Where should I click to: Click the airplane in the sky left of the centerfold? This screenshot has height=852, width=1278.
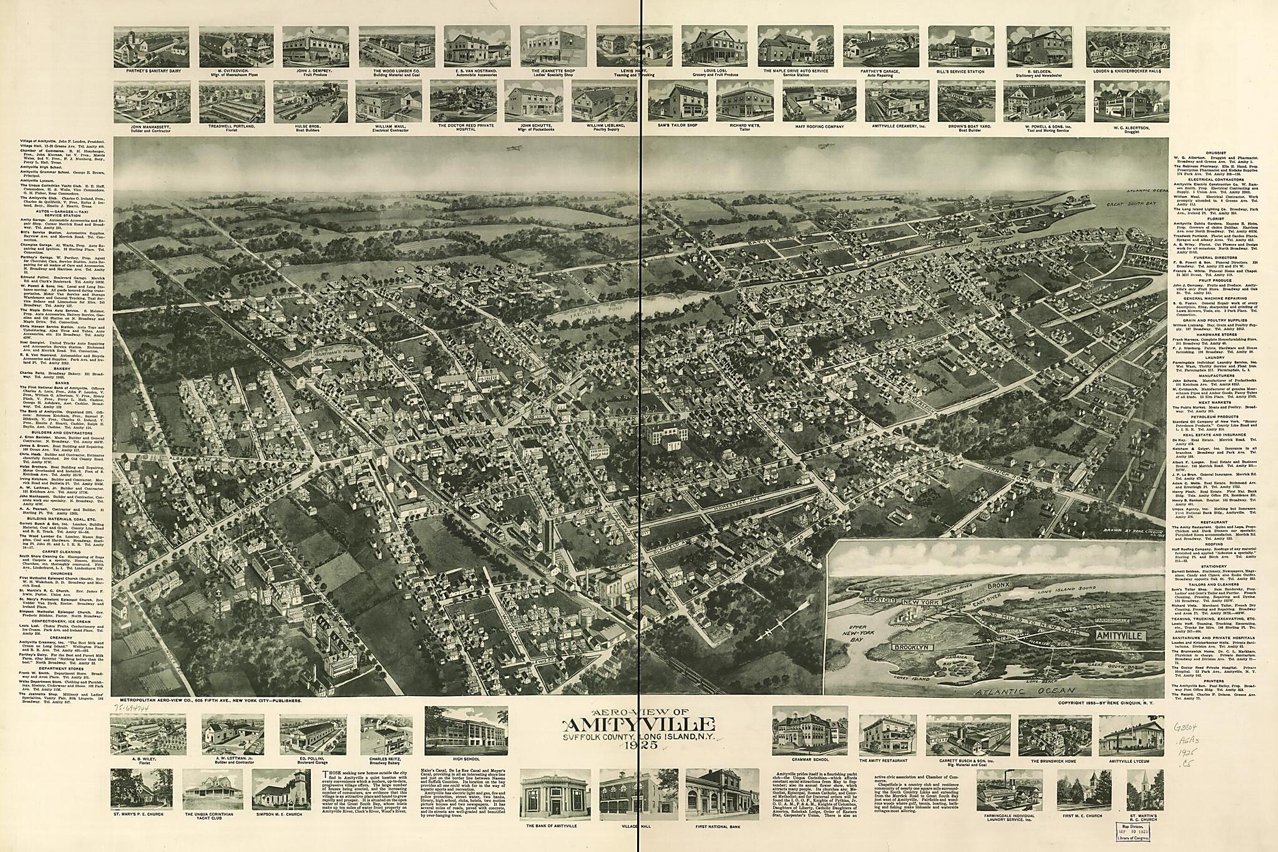tap(513, 148)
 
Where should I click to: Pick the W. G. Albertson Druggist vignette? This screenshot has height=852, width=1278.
tap(1131, 100)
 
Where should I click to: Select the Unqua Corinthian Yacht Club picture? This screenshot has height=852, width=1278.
tap(213, 790)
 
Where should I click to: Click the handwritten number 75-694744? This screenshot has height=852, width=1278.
tap(133, 708)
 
